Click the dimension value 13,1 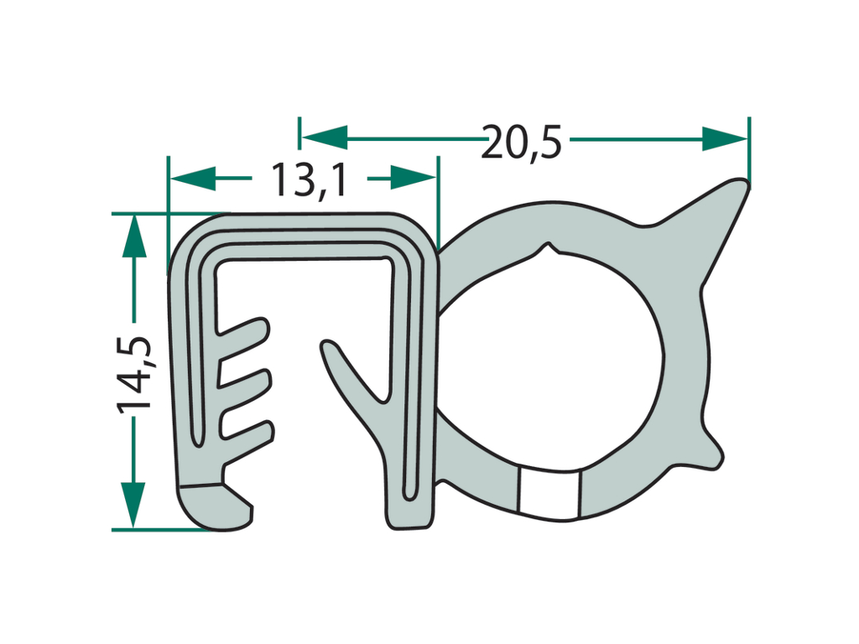click(308, 179)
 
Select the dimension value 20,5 click(521, 140)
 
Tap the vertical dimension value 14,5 click(134, 373)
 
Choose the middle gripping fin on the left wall click(247, 384)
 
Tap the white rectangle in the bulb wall click(549, 491)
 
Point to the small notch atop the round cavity click(549, 250)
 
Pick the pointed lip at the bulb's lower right click(709, 449)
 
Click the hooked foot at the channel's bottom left click(214, 505)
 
